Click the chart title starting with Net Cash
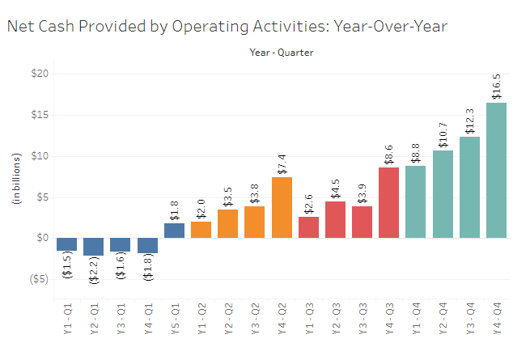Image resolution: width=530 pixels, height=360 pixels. coord(227,26)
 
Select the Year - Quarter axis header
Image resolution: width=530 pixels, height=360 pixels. coord(281,53)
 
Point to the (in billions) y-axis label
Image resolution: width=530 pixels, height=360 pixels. coord(15,197)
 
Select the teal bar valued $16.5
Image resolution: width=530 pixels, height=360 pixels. coord(497,170)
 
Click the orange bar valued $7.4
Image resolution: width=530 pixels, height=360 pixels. coord(282,207)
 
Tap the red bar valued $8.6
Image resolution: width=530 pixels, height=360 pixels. coord(389,202)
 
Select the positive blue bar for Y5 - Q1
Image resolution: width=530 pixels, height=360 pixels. coord(174,231)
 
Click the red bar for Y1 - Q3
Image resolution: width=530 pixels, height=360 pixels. coord(308,227)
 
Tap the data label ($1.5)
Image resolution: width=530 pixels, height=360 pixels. coord(66,265)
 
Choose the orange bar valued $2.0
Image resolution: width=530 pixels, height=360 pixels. coord(201,230)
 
